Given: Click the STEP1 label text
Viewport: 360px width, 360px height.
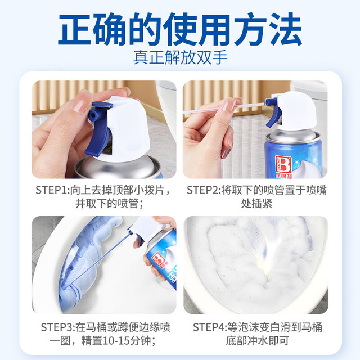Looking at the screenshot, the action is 52,190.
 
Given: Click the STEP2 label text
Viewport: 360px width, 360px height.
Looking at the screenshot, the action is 204,190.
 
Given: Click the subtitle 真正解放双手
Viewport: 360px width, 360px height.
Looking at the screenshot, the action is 181,57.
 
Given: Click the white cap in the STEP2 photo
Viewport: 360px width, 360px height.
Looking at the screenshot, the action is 296,110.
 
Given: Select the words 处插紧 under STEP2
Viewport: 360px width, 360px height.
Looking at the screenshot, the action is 256,204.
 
